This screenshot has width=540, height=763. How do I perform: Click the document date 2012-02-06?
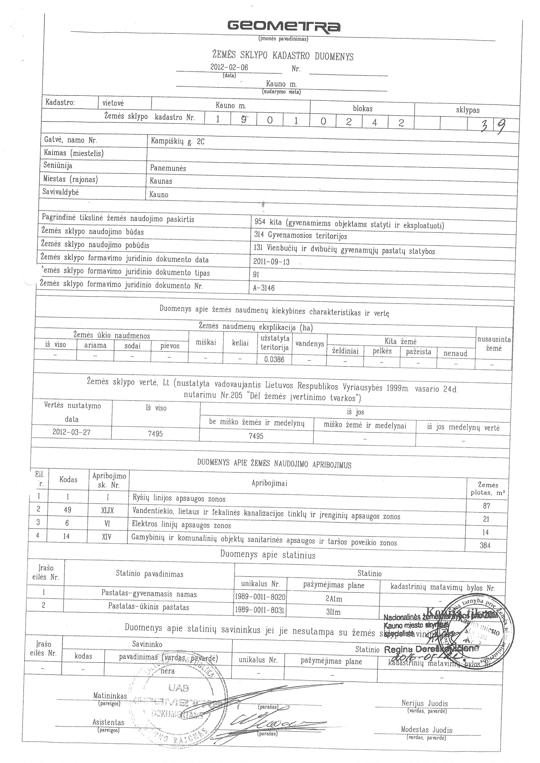(229, 67)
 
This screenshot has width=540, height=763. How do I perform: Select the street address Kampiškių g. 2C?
(177, 141)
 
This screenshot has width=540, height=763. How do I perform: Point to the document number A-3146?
(264, 288)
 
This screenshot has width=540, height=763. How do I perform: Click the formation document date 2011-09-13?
(271, 262)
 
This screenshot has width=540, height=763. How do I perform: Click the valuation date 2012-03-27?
(71, 432)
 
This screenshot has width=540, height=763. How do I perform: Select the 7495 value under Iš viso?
(155, 434)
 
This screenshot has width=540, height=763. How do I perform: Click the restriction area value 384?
(485, 545)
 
